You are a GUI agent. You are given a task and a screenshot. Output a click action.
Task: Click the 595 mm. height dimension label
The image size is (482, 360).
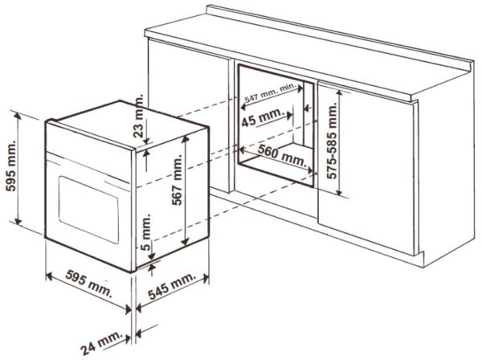[11, 166]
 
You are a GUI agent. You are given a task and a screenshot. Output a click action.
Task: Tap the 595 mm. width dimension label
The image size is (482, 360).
[89, 283]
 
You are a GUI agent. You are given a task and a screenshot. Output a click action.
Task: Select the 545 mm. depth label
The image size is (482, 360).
[172, 285]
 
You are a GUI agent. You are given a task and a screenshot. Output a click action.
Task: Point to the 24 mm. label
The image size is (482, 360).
[101, 342]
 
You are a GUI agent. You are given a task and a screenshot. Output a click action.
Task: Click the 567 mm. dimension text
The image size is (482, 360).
[177, 180]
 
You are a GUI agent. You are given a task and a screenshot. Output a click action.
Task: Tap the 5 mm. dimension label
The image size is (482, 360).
[147, 232]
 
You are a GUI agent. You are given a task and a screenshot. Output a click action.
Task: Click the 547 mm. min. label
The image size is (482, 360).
[270, 93]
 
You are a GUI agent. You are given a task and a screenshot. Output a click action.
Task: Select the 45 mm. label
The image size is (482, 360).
[262, 117]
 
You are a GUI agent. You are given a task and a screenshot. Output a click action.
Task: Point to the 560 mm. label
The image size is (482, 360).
[282, 154]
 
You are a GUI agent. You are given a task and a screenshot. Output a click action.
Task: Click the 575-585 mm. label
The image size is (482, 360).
[332, 141]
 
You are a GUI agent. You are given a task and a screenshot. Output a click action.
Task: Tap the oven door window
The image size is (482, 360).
[88, 210]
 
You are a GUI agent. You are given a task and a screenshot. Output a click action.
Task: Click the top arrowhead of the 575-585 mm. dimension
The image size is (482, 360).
[339, 93]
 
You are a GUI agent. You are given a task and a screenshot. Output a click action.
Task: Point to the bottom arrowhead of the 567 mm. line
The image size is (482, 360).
[185, 242]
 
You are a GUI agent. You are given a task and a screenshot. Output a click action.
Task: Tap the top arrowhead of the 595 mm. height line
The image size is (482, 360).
[18, 115]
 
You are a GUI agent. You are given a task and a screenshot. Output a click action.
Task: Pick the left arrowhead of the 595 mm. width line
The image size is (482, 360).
[49, 276]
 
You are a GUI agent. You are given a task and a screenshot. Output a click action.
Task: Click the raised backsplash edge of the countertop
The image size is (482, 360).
[338, 36]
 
